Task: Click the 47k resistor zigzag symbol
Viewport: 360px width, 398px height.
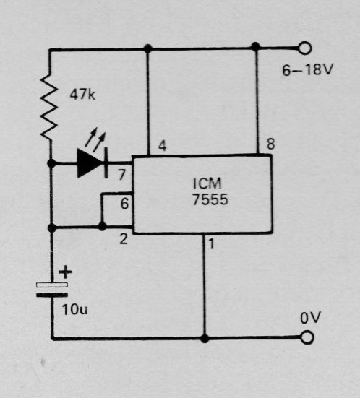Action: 49,107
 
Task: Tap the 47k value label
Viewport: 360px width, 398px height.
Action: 82,95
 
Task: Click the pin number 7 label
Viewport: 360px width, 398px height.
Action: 121,175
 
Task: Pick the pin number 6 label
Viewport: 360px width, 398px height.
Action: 124,204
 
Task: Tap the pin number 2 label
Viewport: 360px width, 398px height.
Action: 124,239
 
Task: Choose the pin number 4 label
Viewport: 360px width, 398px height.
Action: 163,146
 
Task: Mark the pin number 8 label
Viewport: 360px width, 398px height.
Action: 271,144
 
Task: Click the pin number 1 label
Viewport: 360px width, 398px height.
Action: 211,244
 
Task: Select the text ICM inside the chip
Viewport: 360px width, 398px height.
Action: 207,183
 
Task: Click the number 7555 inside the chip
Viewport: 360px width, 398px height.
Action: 210,199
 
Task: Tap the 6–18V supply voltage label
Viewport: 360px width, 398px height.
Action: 307,70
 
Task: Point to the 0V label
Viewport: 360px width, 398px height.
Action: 310,318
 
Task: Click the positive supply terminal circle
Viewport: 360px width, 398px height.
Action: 304,48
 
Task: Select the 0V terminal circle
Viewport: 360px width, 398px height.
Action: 307,337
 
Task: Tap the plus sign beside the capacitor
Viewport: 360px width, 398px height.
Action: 66,272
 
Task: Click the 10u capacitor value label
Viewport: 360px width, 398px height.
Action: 75,309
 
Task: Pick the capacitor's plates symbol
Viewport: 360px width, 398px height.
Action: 52,290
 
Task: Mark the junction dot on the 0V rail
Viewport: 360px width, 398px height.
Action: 205,339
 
